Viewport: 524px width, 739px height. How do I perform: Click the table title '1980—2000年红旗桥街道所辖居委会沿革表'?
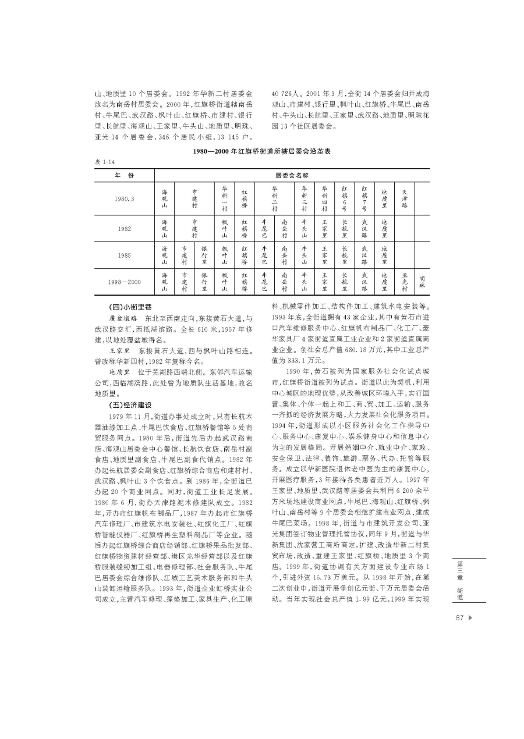262,151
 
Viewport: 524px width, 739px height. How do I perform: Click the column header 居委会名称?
292,175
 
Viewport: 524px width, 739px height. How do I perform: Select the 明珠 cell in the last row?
422,282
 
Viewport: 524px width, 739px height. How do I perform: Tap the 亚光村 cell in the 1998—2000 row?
405,282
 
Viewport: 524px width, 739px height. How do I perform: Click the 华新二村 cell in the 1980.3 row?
274,198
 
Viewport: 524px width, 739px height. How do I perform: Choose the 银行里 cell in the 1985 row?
204,255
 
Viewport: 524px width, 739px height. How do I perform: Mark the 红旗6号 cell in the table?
345,198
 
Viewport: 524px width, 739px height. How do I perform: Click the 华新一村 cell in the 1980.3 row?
225,198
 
